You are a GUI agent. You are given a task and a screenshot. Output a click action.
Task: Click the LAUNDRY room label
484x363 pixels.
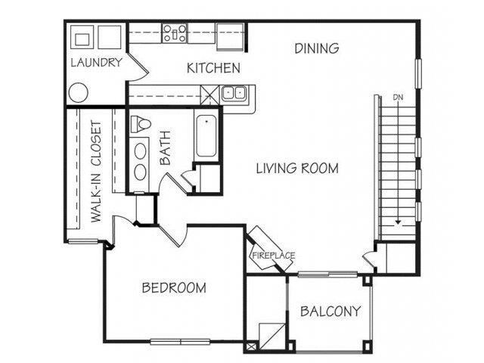click(96, 64)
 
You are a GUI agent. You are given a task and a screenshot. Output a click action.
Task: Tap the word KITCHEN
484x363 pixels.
click(213, 68)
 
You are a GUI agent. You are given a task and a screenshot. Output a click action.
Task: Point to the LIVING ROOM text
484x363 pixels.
click(296, 168)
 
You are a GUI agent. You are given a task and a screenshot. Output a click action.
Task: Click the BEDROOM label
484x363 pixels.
click(175, 287)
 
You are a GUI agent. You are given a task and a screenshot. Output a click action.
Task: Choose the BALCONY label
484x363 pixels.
click(330, 311)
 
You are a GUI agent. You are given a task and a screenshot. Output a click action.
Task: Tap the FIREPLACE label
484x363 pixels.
click(272, 255)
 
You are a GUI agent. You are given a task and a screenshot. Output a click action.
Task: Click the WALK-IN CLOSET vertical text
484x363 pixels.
click(97, 171)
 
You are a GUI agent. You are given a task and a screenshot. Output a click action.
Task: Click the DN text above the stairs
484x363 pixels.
click(398, 97)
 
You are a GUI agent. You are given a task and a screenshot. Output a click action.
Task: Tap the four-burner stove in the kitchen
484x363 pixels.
click(175, 33)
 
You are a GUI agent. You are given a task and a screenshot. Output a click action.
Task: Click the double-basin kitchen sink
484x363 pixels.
click(234, 94)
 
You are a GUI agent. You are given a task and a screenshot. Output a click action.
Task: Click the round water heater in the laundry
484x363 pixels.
click(79, 93)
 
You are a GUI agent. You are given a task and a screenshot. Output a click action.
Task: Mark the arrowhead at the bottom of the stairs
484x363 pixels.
click(398, 222)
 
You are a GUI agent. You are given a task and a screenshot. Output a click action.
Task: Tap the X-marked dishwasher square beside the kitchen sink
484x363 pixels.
click(209, 94)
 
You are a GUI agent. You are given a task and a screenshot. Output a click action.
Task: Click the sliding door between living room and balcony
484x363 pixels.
click(327, 273)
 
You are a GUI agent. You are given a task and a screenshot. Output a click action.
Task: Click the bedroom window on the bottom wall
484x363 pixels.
click(180, 341)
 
